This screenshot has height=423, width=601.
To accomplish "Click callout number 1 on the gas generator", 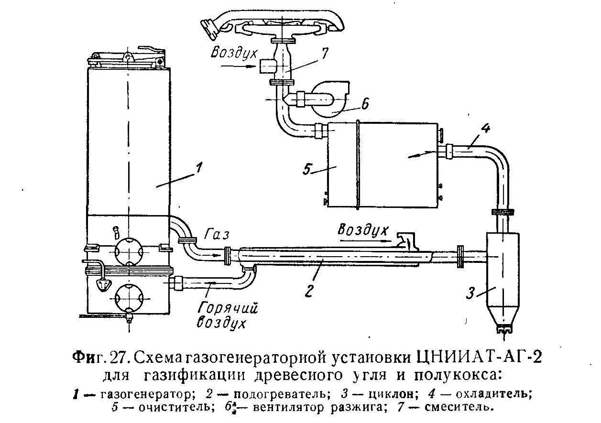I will click(199, 168).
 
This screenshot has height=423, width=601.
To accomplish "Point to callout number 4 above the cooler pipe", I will click(485, 129).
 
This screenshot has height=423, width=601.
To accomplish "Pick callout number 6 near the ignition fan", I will click(365, 104).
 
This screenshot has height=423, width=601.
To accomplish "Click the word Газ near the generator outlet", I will click(218, 235).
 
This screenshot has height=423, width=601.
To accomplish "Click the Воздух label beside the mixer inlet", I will click(229, 52).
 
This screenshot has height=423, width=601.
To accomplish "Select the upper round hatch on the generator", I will click(128, 250).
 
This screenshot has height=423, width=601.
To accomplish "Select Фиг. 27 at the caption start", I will click(98, 358).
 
